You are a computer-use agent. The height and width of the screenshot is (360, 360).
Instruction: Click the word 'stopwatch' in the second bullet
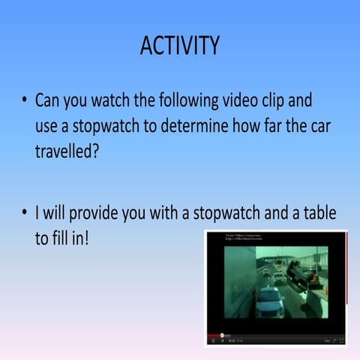228,214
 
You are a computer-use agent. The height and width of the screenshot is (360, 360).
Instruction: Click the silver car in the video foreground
269,301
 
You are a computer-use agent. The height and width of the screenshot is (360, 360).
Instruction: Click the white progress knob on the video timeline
222,335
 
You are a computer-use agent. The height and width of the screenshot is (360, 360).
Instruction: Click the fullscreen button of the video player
341,341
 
